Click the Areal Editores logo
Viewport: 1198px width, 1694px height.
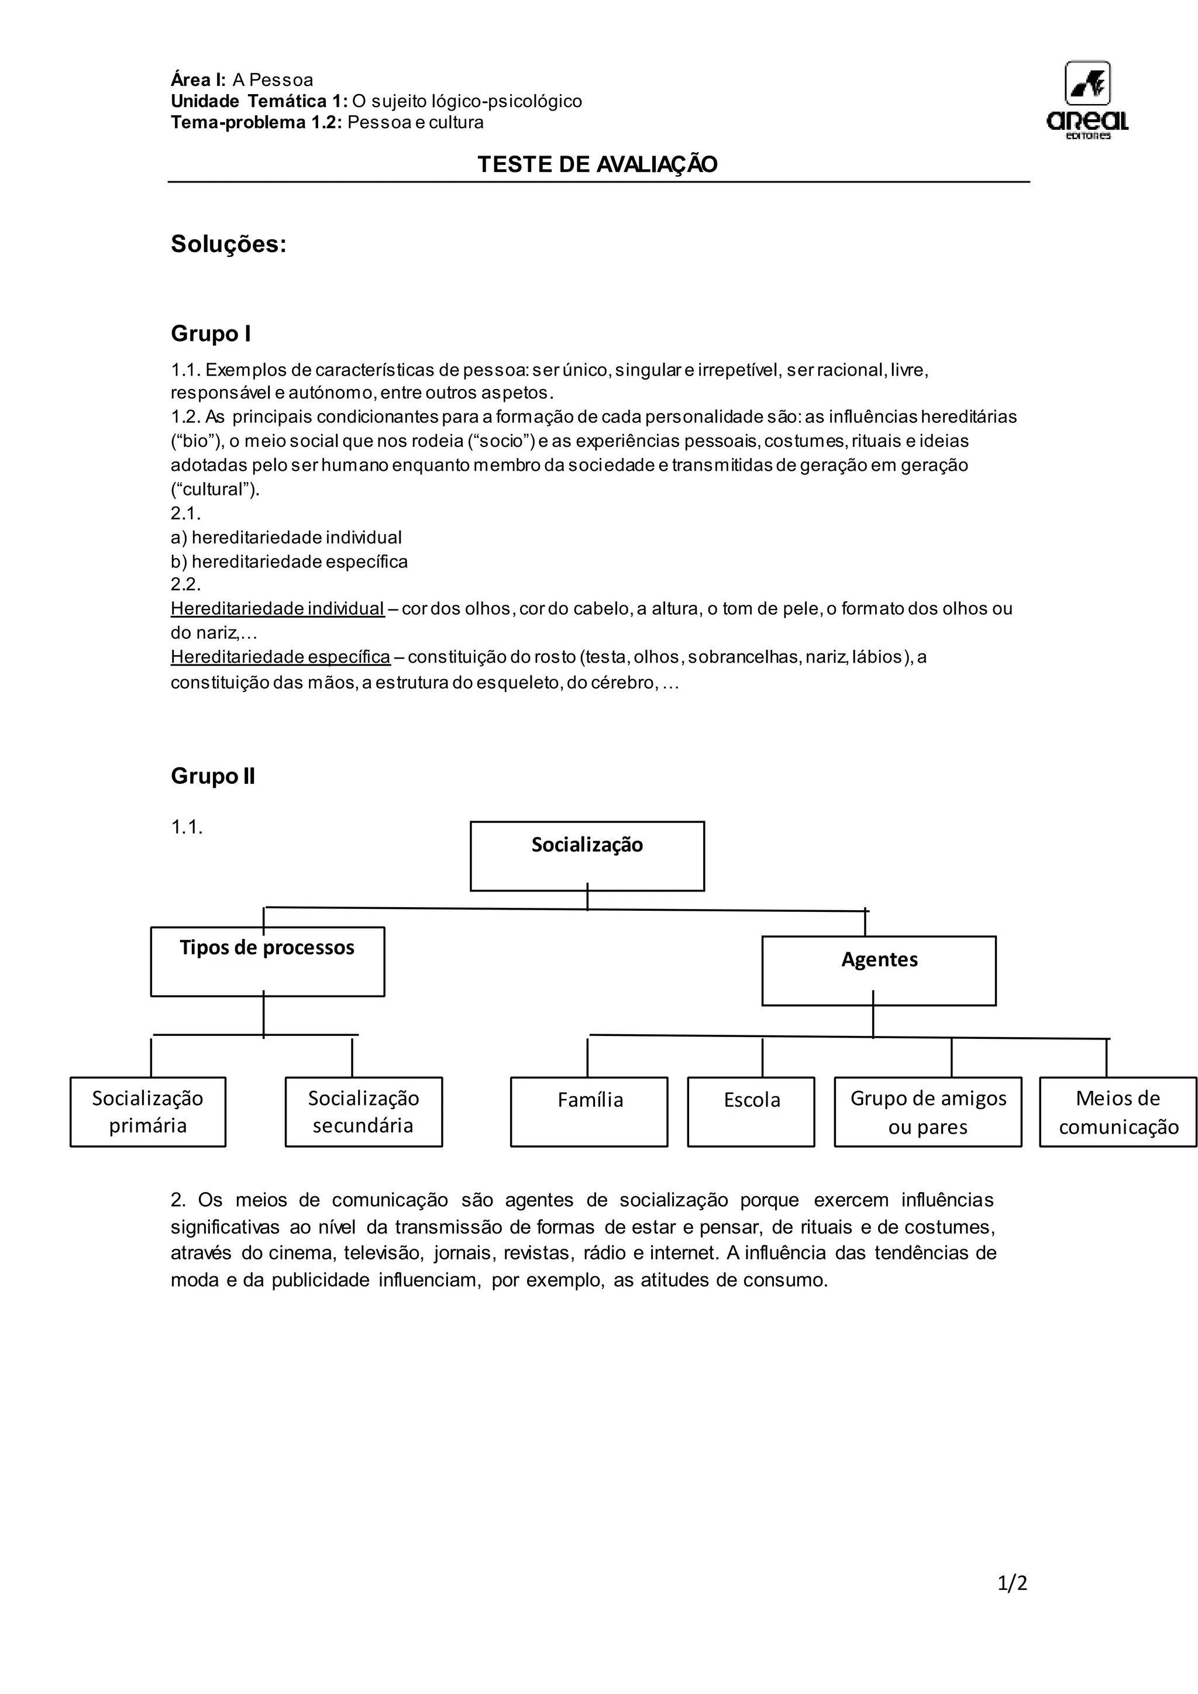pos(1087,99)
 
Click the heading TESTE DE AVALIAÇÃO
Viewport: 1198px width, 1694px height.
pos(597,164)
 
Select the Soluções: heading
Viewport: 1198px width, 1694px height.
pos(229,244)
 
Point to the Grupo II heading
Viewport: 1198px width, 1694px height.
pos(213,776)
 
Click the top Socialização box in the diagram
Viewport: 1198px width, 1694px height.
pos(587,856)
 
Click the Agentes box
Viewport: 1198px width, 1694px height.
pos(879,970)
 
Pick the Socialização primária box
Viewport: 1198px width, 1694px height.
pos(147,1111)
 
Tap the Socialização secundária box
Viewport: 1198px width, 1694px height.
pos(364,1111)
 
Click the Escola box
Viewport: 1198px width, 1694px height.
pos(751,1111)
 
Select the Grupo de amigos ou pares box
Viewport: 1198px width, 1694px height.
pos(927,1111)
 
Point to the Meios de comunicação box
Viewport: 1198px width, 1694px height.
pos(1118,1111)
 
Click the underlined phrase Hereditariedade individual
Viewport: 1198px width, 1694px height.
pos(277,609)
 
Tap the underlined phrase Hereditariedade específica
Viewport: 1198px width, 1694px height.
pos(280,657)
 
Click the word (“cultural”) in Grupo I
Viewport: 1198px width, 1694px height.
pos(215,489)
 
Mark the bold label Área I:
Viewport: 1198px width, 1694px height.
pos(198,80)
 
